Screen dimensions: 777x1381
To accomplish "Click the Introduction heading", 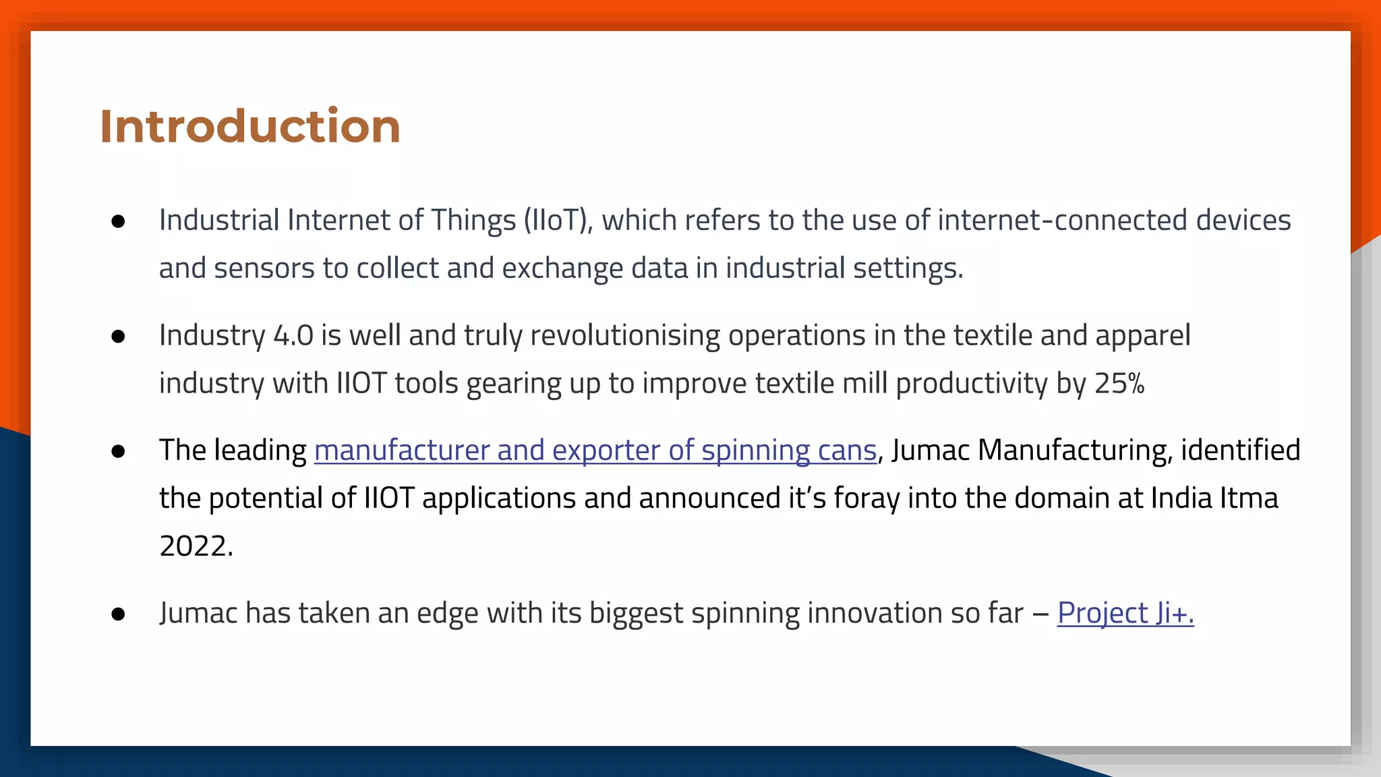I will [x=250, y=126].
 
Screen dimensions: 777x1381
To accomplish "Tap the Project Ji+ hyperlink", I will [x=1125, y=613].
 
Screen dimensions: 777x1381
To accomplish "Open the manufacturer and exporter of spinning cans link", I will [x=595, y=451].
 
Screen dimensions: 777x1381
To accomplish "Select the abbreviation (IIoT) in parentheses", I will [x=558, y=221].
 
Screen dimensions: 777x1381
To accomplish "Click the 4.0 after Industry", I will [x=293, y=336].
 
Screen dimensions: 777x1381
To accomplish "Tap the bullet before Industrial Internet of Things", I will [x=119, y=222].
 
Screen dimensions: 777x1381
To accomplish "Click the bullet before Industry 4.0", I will [x=119, y=337].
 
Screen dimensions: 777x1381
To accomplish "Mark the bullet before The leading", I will [x=119, y=451].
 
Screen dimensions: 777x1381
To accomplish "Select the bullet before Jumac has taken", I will [x=119, y=614].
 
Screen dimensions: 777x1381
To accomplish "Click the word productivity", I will [x=972, y=384].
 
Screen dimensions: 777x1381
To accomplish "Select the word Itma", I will [x=1249, y=498].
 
